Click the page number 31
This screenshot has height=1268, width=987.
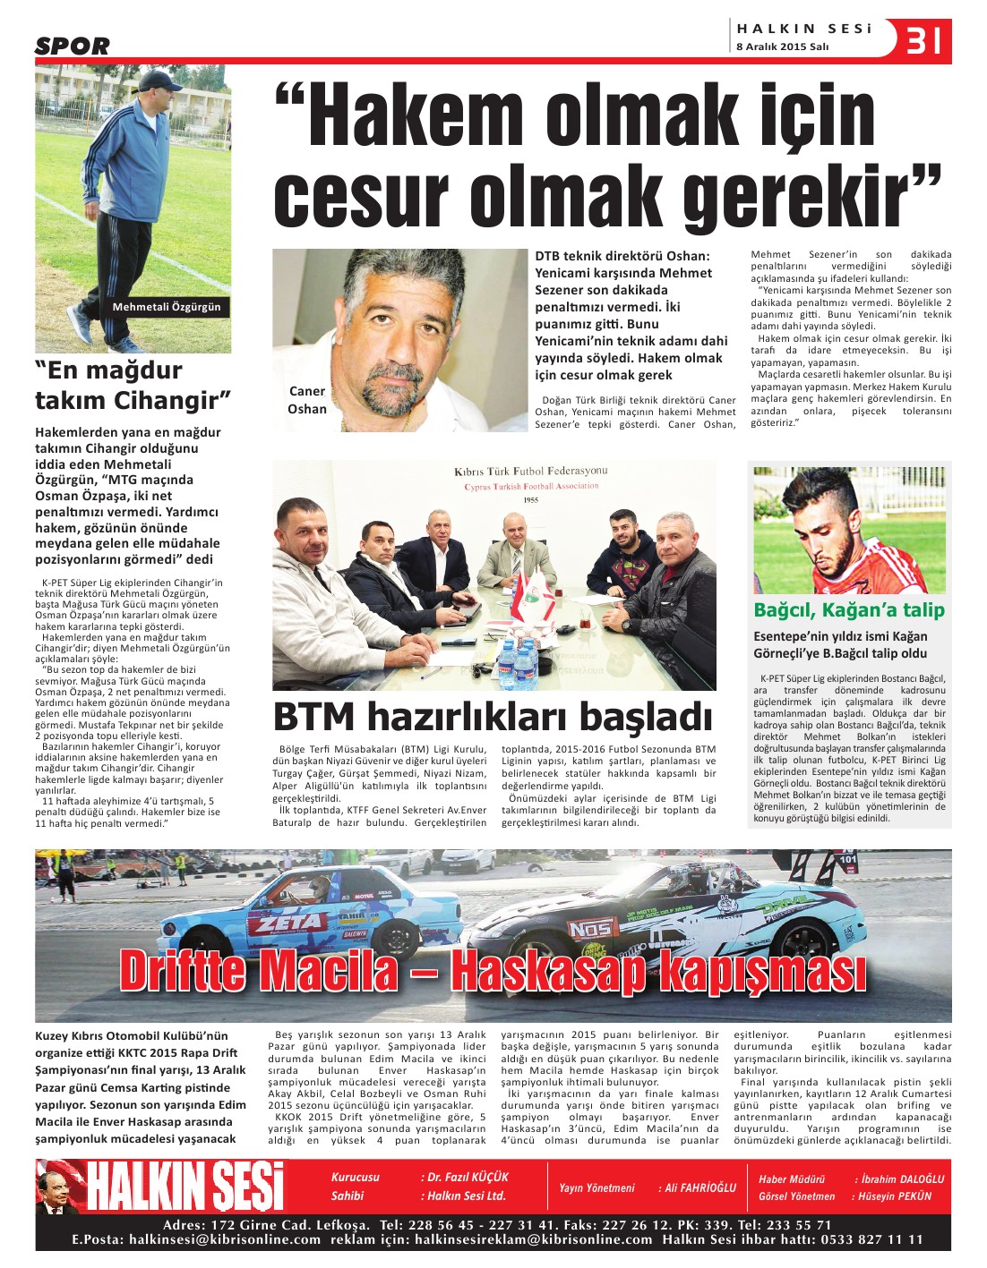[924, 41]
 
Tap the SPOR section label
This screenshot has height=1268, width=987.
[73, 46]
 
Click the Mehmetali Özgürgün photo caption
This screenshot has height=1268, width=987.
[167, 307]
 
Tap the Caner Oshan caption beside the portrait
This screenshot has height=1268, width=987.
[307, 400]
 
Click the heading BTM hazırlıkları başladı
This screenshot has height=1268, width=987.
[492, 717]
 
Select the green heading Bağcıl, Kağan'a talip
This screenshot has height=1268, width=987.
[848, 610]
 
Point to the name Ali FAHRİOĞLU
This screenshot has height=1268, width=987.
[699, 1187]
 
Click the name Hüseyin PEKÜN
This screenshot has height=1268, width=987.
[895, 1196]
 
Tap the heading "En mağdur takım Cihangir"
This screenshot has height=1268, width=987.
[133, 385]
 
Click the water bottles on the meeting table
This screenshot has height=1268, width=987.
[519, 659]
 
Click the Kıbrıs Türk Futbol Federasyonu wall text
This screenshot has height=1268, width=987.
[530, 472]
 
